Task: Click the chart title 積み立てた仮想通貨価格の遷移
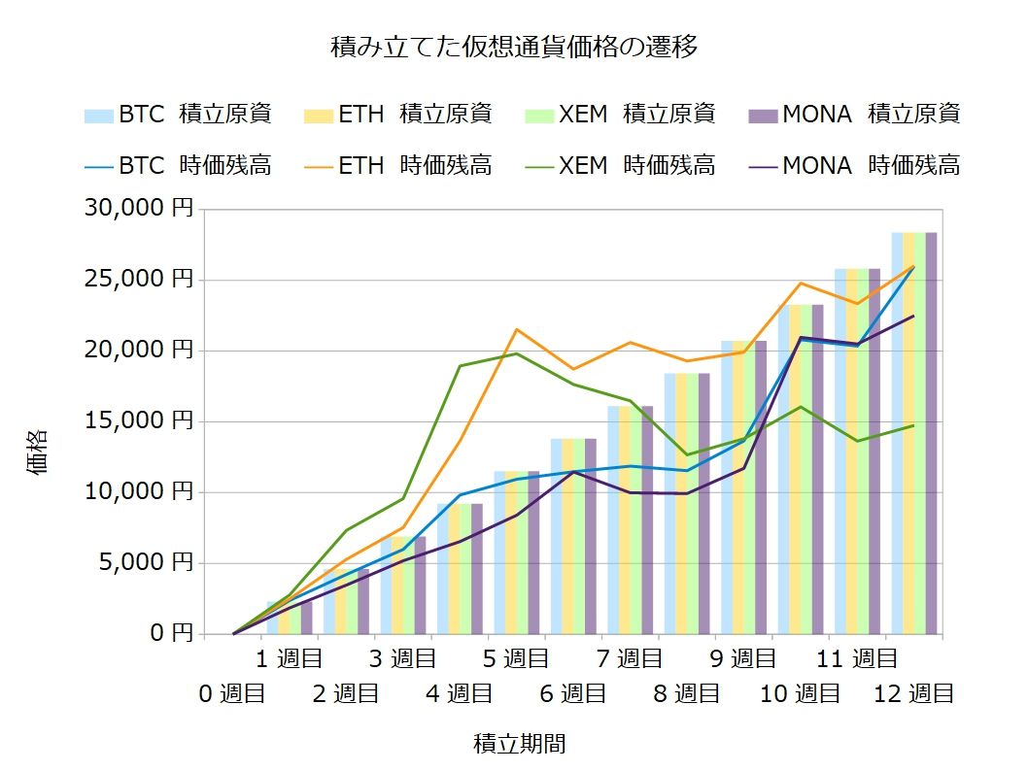tap(514, 47)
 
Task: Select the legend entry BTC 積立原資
tap(178, 114)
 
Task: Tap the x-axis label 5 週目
tap(515, 659)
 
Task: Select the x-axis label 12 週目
tap(913, 693)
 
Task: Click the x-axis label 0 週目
tap(232, 693)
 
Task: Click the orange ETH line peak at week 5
tap(516, 329)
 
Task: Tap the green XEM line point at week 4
tap(460, 366)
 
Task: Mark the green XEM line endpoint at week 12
tap(913, 425)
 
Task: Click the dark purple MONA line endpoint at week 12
tap(913, 316)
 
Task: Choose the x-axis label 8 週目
tap(686, 693)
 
